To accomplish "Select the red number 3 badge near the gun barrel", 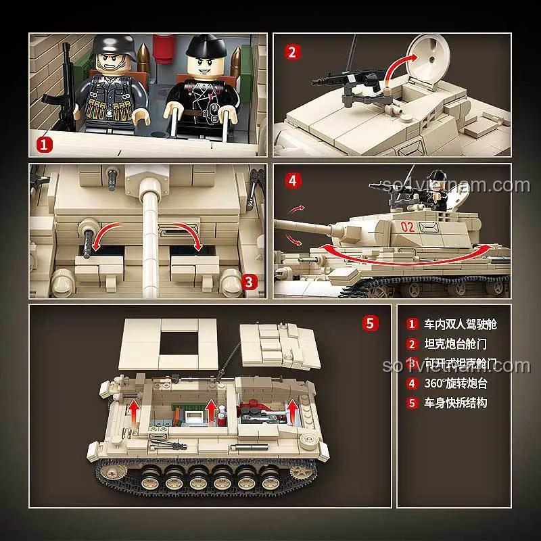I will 248,279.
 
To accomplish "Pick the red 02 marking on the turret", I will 407,227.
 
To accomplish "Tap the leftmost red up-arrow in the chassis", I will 135,410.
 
